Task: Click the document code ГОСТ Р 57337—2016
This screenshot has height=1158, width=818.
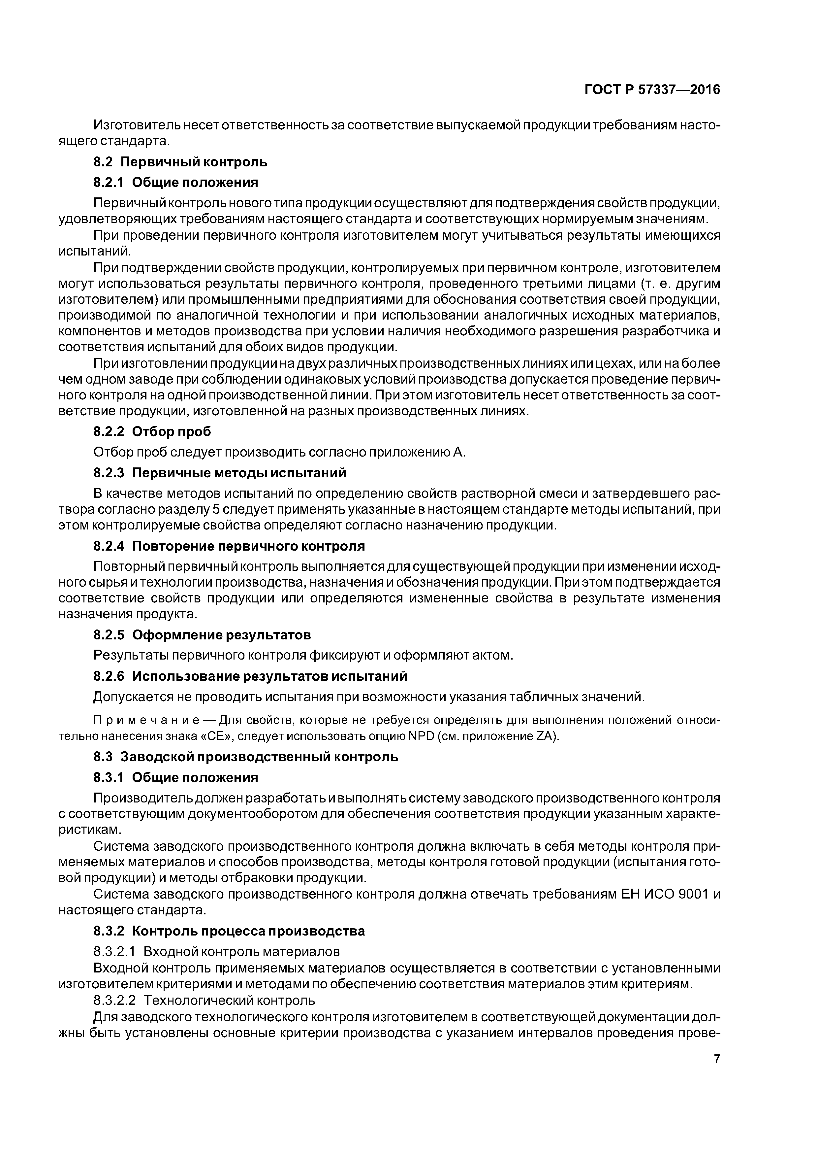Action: tap(652, 90)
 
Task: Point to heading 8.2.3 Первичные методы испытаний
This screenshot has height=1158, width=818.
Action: tap(220, 473)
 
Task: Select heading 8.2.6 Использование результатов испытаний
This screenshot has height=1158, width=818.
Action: tap(250, 675)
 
